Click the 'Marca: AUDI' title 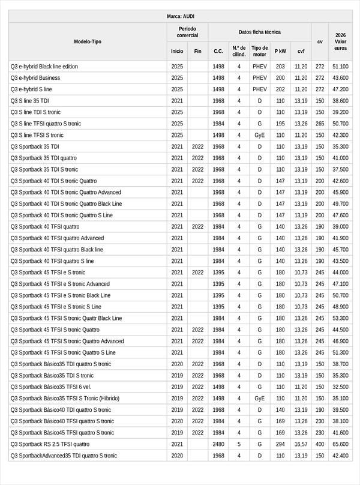[180, 16]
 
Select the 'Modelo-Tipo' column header [88, 41]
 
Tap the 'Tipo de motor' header [260, 51]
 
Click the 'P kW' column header [280, 51]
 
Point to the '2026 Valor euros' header [341, 41]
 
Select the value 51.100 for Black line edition [341, 67]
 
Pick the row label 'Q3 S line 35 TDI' [30, 101]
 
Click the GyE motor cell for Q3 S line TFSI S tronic [260, 136]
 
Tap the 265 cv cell [320, 124]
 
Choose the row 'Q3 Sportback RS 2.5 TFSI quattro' [50, 444]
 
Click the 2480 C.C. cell [218, 444]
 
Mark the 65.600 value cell [341, 444]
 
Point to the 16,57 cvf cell [301, 444]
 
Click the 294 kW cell [280, 444]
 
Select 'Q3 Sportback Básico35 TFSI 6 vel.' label [49, 387]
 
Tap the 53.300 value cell [341, 318]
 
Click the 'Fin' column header [198, 51]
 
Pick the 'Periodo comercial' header [187, 32]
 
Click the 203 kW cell [280, 67]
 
